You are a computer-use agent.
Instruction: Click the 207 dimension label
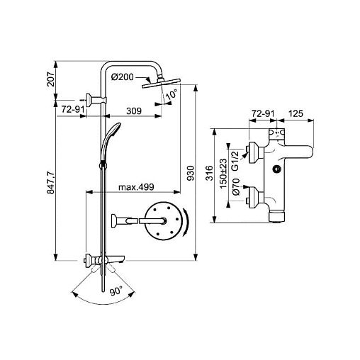[x=51, y=79]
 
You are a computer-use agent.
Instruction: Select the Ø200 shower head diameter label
[x=123, y=77]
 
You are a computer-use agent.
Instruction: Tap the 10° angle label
[x=171, y=94]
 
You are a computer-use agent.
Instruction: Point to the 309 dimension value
[x=134, y=111]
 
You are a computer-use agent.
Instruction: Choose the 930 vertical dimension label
[x=191, y=173]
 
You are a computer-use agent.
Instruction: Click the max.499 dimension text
[x=136, y=187]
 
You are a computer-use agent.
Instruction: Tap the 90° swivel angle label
[x=116, y=291]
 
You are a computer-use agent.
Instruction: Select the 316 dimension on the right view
[x=209, y=173]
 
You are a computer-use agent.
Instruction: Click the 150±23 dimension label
[x=223, y=174]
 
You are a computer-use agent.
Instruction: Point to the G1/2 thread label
[x=235, y=161]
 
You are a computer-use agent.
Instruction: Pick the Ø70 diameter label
[x=236, y=186]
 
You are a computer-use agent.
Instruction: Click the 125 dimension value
[x=296, y=113]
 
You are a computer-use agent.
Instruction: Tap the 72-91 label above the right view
[x=263, y=114]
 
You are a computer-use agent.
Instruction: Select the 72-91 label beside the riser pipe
[x=73, y=109]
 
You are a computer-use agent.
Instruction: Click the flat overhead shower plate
[x=162, y=83]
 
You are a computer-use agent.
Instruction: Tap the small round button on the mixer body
[x=276, y=169]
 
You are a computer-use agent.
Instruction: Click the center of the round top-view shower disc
[x=163, y=221]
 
